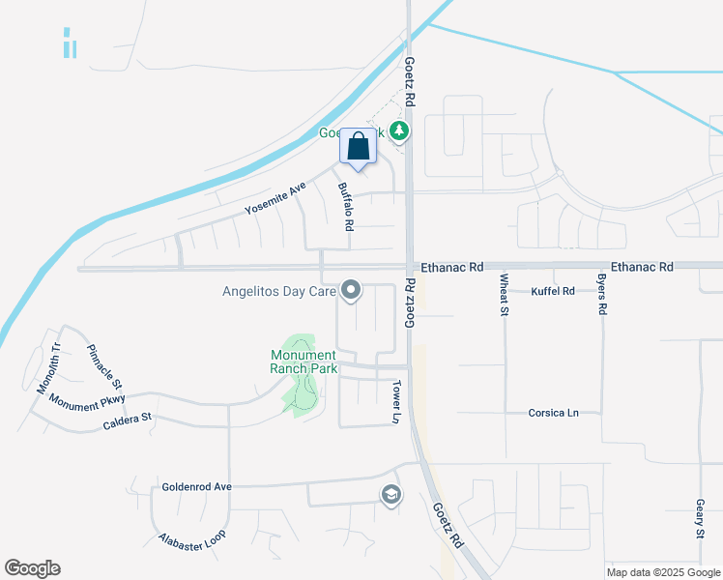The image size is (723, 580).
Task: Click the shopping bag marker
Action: pos(358,147)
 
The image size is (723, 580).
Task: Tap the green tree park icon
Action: pos(399,130)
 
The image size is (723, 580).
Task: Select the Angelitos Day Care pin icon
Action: pos(352,289)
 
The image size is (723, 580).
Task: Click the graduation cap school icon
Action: pos(390,495)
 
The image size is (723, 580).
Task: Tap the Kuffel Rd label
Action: pos(553,290)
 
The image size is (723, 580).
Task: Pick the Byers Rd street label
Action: pos(601,296)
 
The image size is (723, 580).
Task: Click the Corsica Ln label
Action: pos(553,413)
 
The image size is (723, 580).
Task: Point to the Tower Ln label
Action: pos(395,401)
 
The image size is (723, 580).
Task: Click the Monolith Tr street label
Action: pos(48,368)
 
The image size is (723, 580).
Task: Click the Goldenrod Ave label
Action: pos(197,487)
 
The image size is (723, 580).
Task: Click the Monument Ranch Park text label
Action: pos(304,362)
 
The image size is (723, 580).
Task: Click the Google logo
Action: pos(32,568)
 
